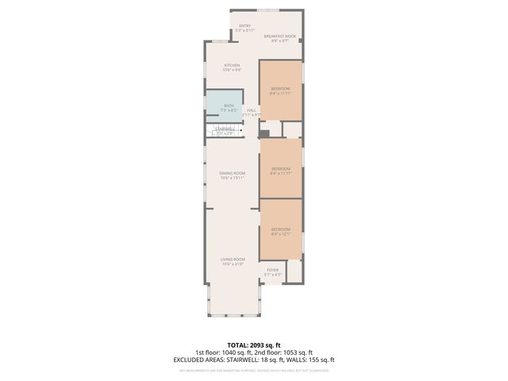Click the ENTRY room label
coord(244,26)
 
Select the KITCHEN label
coord(232,65)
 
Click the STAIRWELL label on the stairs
coord(225,129)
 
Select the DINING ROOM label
coord(232,173)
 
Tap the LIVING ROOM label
coord(232,260)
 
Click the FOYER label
coord(272,270)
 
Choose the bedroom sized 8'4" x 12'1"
coord(281,229)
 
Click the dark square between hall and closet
coord(264,133)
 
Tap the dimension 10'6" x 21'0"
coord(232,264)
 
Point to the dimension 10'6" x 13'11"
coord(232,178)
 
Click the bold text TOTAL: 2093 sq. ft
coord(253,346)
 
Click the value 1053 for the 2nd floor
coord(290,352)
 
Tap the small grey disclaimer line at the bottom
coord(253,370)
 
